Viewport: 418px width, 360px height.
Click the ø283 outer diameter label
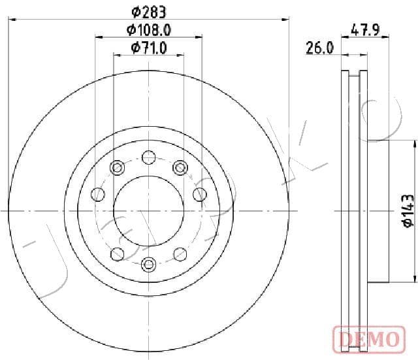(149, 12)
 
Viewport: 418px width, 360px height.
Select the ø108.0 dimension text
(149, 30)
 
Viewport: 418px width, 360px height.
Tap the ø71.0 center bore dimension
(149, 48)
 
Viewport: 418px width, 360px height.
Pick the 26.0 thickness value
(320, 48)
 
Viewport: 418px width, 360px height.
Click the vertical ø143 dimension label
(408, 211)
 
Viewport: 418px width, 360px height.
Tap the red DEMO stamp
(369, 339)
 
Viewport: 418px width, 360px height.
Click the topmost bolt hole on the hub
(149, 157)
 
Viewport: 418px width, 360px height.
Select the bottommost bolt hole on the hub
(148, 264)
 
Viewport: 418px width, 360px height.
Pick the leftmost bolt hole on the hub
(98, 194)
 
